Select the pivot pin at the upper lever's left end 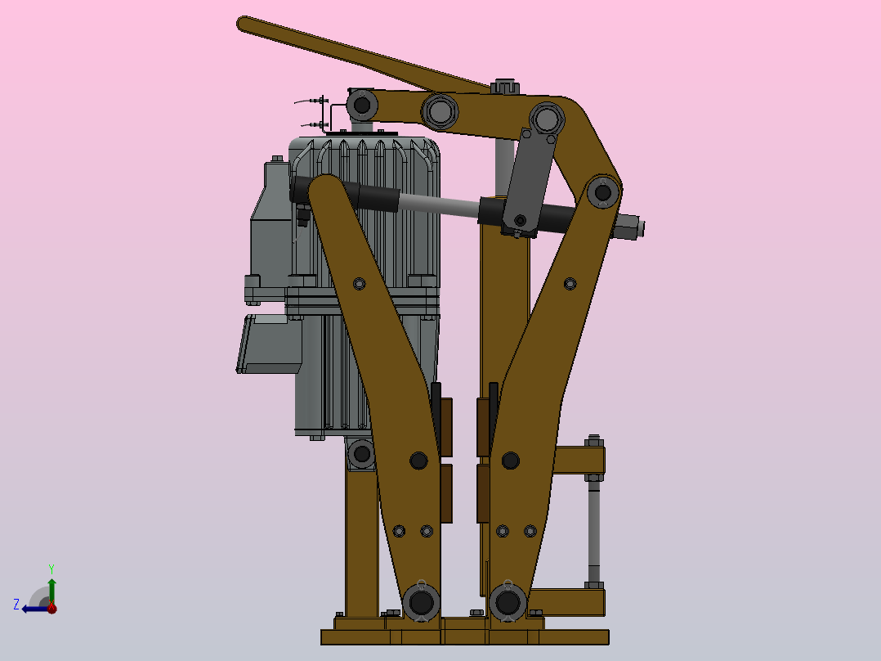(x=361, y=105)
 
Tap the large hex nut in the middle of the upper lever (x=440, y=110)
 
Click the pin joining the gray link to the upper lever (x=546, y=119)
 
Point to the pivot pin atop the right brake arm (x=603, y=193)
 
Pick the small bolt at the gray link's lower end (x=519, y=220)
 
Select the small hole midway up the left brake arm (x=358, y=284)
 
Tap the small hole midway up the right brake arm (x=570, y=284)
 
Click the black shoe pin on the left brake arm (x=418, y=461)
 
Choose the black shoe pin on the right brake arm (x=511, y=461)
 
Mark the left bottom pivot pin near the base (x=421, y=603)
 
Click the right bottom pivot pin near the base (x=508, y=603)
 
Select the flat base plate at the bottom (x=464, y=636)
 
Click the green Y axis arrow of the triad (x=51, y=586)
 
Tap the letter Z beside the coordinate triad (x=16, y=605)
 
